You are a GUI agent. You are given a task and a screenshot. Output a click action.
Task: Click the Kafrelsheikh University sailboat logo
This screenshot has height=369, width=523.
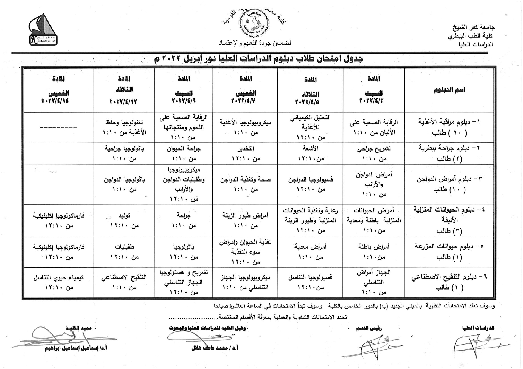(x=44, y=30)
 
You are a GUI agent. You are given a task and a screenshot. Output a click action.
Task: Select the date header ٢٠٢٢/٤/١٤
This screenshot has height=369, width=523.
(x=55, y=101)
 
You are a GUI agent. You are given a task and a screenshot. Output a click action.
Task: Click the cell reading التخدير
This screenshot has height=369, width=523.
(x=246, y=148)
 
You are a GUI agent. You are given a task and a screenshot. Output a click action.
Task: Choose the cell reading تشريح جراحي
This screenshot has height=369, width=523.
(x=374, y=149)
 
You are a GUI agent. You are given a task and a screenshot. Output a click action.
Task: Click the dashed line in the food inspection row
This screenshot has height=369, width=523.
(x=58, y=127)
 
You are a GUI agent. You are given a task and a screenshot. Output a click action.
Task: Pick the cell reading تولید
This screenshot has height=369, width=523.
(x=124, y=215)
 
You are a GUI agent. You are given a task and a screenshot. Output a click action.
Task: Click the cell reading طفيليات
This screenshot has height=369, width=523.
(x=124, y=247)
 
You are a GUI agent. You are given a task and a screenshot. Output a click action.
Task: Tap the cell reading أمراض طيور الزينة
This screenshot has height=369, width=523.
(x=246, y=215)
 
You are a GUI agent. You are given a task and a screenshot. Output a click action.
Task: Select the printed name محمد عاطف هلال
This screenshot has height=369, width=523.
(x=215, y=348)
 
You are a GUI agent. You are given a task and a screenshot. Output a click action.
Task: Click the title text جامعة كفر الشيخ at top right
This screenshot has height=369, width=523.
(x=474, y=28)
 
